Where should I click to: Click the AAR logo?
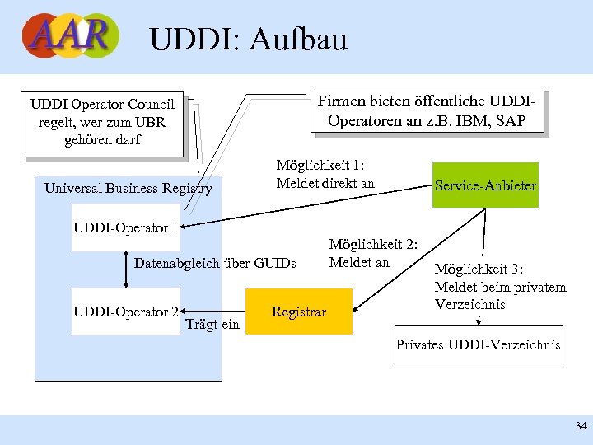tap(70, 36)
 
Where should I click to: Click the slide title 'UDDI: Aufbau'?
tap(249, 39)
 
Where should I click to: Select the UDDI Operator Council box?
tap(102, 122)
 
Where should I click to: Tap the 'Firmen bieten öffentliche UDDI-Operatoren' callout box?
tap(426, 110)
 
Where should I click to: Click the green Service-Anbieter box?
tap(485, 185)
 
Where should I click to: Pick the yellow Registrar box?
tap(299, 312)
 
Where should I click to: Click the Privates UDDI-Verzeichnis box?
tap(478, 344)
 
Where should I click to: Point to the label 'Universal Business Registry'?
tap(128, 189)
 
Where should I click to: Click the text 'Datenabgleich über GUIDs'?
tap(214, 263)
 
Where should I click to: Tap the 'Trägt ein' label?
tap(212, 324)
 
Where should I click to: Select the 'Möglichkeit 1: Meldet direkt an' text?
tap(325, 174)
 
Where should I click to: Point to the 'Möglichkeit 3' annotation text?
tap(500, 287)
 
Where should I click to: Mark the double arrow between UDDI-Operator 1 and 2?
tap(125, 269)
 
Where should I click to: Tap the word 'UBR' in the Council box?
tap(150, 123)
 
